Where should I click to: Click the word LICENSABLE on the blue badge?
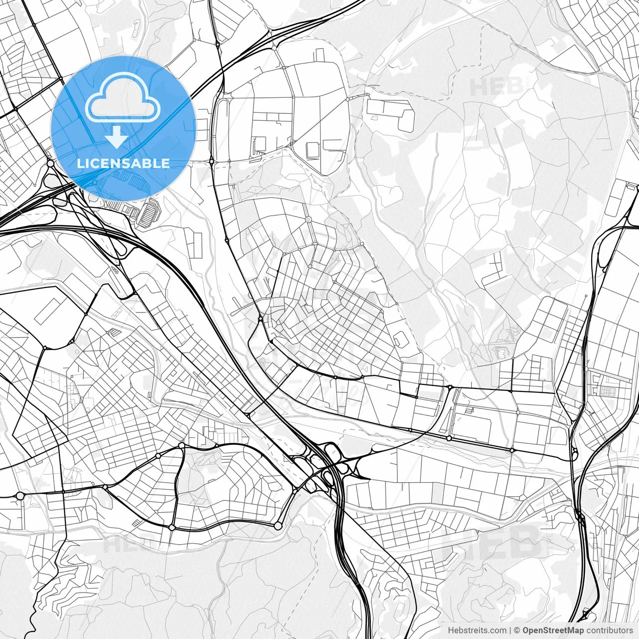pos(123,163)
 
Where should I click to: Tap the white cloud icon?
pos(123,97)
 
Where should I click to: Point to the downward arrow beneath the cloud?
pos(117,137)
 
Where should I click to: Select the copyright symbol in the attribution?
pos(517,631)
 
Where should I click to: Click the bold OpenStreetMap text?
pos(553,631)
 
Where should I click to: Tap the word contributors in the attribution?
pos(609,631)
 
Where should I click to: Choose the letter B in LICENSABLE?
pos(150,163)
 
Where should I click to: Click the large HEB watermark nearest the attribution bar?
pos(492,542)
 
